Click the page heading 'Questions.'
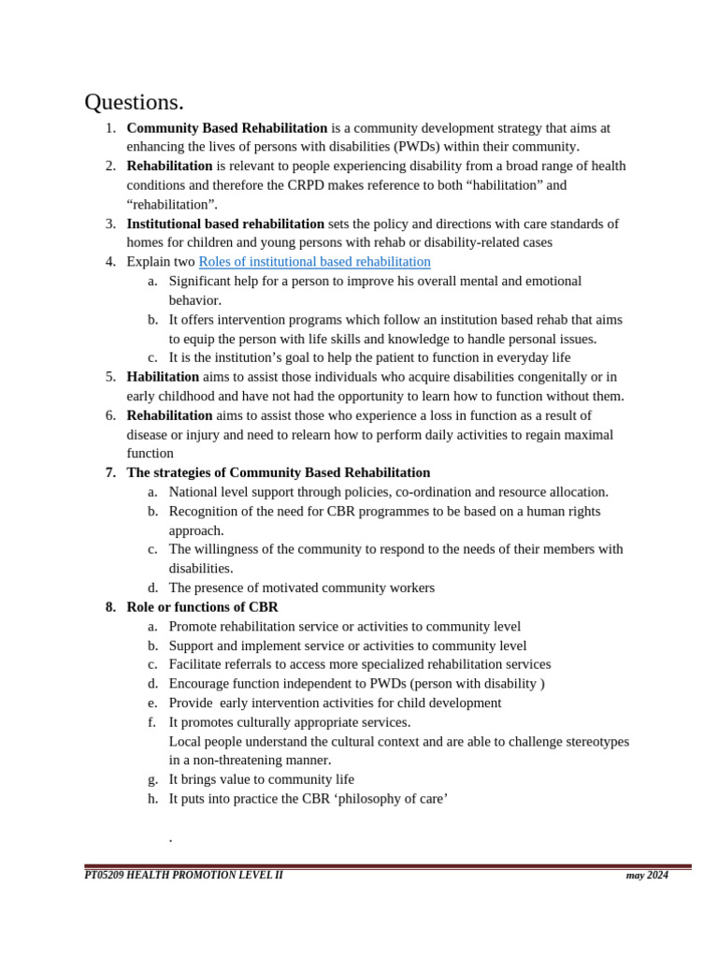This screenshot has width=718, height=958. click(x=134, y=102)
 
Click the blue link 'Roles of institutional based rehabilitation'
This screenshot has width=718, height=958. click(x=314, y=262)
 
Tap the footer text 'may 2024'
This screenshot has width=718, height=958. click(x=647, y=876)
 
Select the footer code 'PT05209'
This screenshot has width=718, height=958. click(x=104, y=876)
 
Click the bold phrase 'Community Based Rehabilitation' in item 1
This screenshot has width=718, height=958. click(x=227, y=128)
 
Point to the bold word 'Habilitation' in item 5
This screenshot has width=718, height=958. click(x=163, y=377)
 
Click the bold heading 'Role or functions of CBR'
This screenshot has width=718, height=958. click(x=202, y=607)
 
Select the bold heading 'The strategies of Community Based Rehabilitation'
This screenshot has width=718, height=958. click(x=278, y=472)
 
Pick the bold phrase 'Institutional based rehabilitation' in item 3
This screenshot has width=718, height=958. click(x=225, y=224)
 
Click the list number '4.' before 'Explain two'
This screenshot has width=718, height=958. click(x=111, y=262)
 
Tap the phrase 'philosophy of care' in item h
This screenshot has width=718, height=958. click(x=390, y=799)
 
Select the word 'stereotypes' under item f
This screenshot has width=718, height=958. click(x=595, y=742)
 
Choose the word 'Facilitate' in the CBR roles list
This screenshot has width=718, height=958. click(x=196, y=664)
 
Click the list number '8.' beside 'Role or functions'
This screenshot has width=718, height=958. click(x=111, y=607)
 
